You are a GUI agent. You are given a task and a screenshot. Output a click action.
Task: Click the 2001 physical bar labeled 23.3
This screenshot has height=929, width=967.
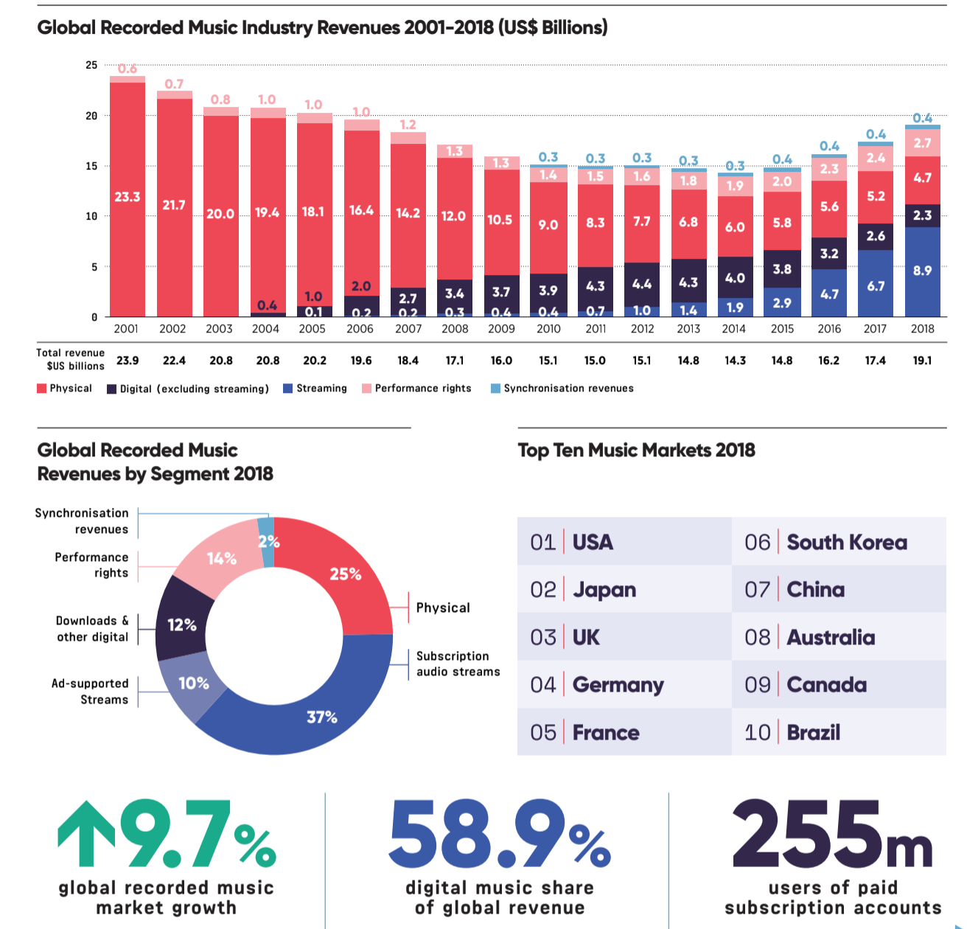coord(128,198)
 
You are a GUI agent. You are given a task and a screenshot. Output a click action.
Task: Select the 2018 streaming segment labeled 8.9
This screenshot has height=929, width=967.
coord(922,271)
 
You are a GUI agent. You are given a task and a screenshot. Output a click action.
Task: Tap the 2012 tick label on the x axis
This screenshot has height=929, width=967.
coord(642,329)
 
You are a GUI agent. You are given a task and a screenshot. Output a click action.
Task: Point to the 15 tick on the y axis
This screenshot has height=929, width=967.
coord(91,166)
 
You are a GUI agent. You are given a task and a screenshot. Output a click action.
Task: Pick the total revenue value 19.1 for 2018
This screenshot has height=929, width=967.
coord(922,361)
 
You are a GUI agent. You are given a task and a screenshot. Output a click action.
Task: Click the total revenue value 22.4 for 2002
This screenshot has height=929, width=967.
coord(174,361)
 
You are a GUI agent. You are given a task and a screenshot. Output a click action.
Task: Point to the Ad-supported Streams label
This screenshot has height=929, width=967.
coord(90,692)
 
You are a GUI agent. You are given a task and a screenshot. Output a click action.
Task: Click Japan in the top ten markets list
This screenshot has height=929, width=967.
coord(604,590)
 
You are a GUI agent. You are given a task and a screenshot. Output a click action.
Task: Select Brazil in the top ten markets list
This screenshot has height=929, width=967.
coord(813,733)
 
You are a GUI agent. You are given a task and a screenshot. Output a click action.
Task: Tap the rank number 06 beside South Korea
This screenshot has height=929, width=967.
coord(757,543)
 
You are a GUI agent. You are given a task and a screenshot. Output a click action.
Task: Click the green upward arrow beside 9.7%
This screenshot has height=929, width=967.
coord(86,833)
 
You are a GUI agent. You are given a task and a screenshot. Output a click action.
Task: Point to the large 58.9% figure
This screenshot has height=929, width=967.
coord(499,835)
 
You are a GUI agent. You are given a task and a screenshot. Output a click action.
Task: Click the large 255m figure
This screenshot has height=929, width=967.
coord(831,835)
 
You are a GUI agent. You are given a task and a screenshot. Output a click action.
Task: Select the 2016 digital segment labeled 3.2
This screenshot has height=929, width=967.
coord(829,254)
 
